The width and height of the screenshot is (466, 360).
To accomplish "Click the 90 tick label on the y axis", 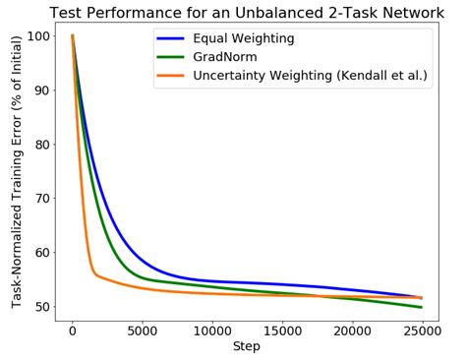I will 42,90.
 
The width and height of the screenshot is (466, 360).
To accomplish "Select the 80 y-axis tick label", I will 42,145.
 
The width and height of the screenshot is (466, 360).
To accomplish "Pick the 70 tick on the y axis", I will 42,199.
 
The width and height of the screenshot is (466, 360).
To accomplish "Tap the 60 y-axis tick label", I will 42,253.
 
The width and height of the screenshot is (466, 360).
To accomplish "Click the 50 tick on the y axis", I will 42,307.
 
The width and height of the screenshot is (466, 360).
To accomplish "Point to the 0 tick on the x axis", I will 72,331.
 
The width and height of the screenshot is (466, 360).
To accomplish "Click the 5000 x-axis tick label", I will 142,331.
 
